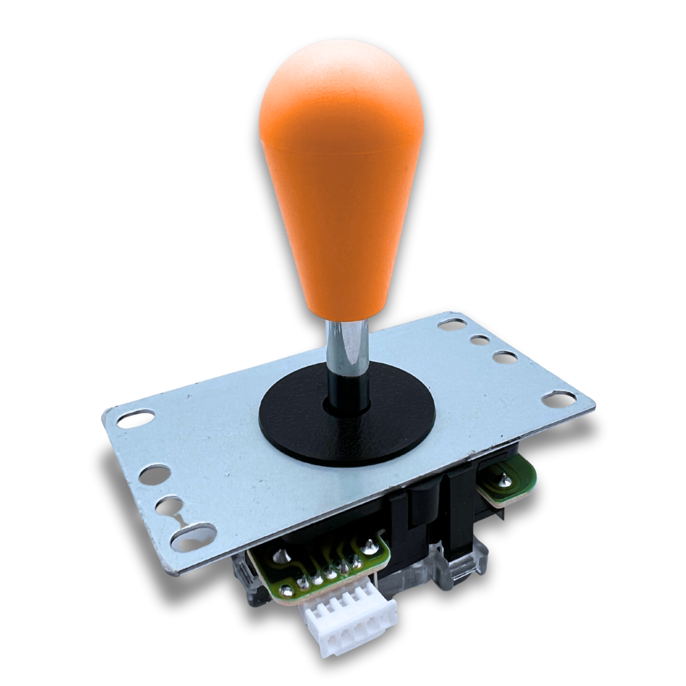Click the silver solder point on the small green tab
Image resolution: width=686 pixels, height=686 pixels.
504,481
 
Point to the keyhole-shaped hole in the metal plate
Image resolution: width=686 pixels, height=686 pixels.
170,508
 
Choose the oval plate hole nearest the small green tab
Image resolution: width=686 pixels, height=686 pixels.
559,399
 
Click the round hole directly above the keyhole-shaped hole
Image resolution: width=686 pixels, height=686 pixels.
154,474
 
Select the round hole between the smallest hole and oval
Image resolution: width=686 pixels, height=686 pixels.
504,358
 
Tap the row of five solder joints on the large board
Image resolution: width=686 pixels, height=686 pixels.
330,572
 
